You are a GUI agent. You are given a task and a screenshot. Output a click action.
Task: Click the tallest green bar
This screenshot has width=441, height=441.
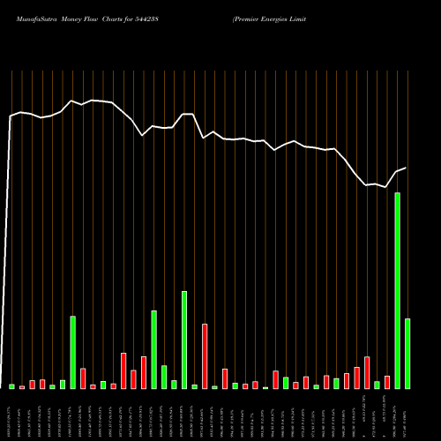point(398,291)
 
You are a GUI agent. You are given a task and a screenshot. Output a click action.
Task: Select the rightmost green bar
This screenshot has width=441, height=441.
point(407,353)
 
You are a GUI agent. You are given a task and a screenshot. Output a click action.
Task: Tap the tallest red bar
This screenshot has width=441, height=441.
point(205,356)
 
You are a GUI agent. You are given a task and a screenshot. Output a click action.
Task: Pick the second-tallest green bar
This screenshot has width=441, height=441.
point(184,340)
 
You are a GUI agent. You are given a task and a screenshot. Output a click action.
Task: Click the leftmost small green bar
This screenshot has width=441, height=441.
point(12,386)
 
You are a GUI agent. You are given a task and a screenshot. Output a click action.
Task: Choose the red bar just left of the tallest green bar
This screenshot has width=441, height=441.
point(387,382)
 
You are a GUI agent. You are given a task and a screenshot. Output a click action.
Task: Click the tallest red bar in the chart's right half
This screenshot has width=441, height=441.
point(367,372)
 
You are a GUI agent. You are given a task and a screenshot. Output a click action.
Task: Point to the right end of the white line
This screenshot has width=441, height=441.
point(406,168)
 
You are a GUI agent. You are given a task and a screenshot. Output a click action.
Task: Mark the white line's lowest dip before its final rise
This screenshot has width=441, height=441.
point(386,187)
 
